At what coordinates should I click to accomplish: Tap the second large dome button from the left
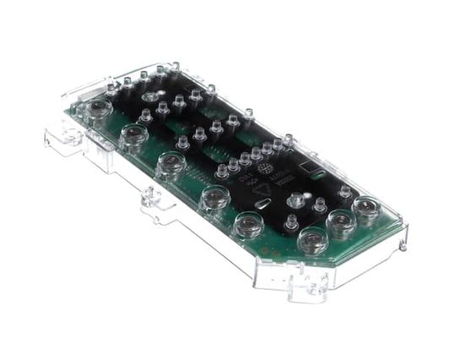133,134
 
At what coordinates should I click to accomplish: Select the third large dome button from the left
171,162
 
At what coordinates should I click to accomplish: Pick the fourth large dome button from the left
214,197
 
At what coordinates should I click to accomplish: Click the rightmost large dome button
366,207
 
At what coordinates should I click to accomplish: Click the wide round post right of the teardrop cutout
297,203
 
